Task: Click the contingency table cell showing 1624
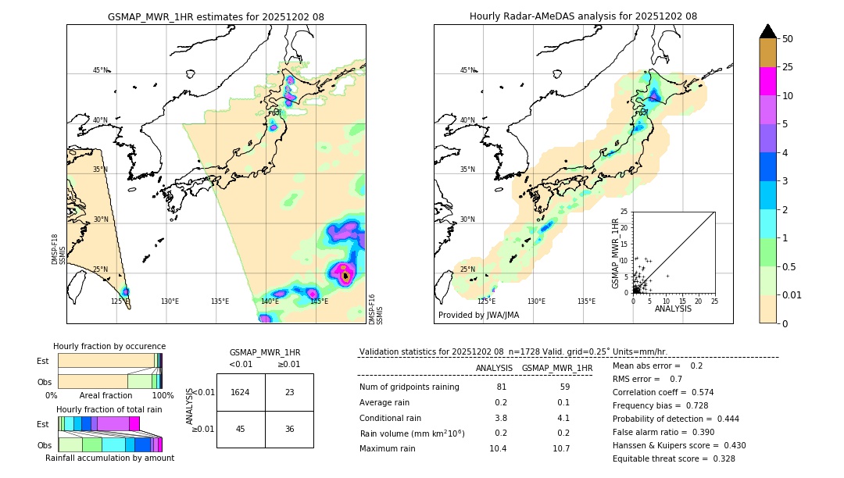coord(241,392)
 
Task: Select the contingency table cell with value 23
coord(289,392)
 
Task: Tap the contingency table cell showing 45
coord(241,429)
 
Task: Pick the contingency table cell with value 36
coord(289,429)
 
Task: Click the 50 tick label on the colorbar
coord(788,39)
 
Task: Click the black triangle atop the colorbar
coord(767,31)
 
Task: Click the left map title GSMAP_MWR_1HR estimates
coord(216,16)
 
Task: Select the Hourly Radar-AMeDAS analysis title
coord(583,16)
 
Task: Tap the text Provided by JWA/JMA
coord(478,315)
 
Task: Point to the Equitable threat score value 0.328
coord(720,458)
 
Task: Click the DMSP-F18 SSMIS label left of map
coord(55,249)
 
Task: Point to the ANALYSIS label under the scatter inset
coord(673,309)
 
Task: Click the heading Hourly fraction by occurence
coord(109,346)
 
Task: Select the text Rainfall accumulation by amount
coord(109,458)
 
